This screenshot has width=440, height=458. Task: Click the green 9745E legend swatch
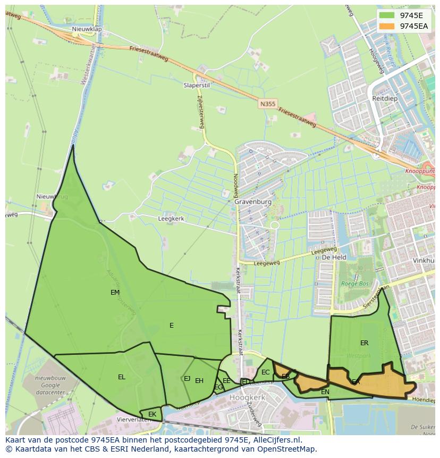[x=387, y=15]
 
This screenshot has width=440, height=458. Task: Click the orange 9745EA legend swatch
[x=387, y=26]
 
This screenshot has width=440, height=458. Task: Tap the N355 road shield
[x=268, y=104]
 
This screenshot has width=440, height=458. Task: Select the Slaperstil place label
[x=197, y=85]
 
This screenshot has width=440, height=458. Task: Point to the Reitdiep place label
[x=385, y=99]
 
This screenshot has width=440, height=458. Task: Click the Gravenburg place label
[x=253, y=202]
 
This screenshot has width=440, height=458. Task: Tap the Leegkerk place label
[x=171, y=219]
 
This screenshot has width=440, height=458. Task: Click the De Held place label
[x=334, y=257]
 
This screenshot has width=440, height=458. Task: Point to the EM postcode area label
[x=115, y=293]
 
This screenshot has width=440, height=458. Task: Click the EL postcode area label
[x=122, y=377]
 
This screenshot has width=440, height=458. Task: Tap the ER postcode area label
[x=364, y=343]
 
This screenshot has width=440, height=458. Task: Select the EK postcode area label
[x=153, y=414]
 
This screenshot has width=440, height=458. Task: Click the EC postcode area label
[x=266, y=372]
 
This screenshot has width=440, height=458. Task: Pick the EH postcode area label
[x=199, y=381]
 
